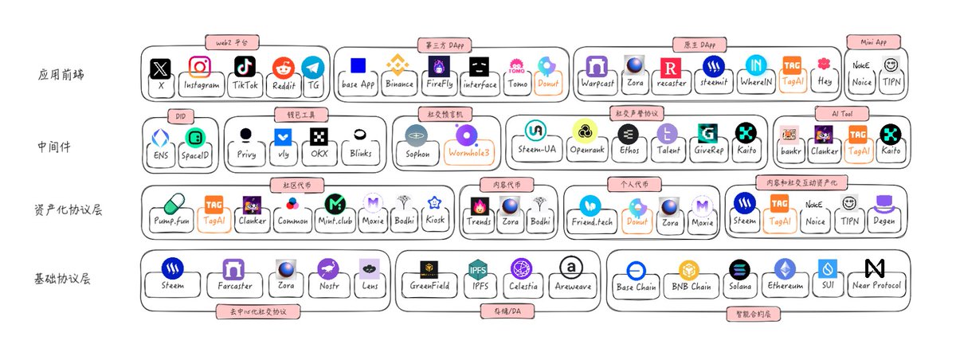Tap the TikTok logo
point(244,67)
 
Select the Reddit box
point(283,74)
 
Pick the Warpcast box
point(597,74)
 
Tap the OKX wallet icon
point(319,136)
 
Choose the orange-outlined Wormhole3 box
point(465,144)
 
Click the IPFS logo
point(478,269)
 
